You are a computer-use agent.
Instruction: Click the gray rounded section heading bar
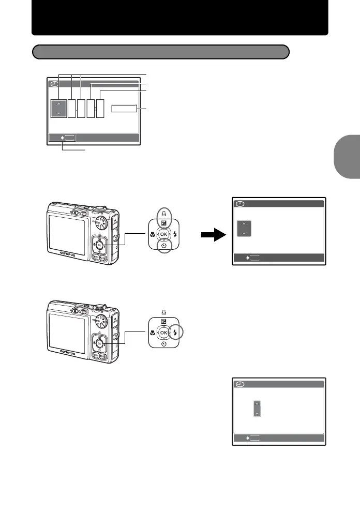(x=160, y=52)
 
